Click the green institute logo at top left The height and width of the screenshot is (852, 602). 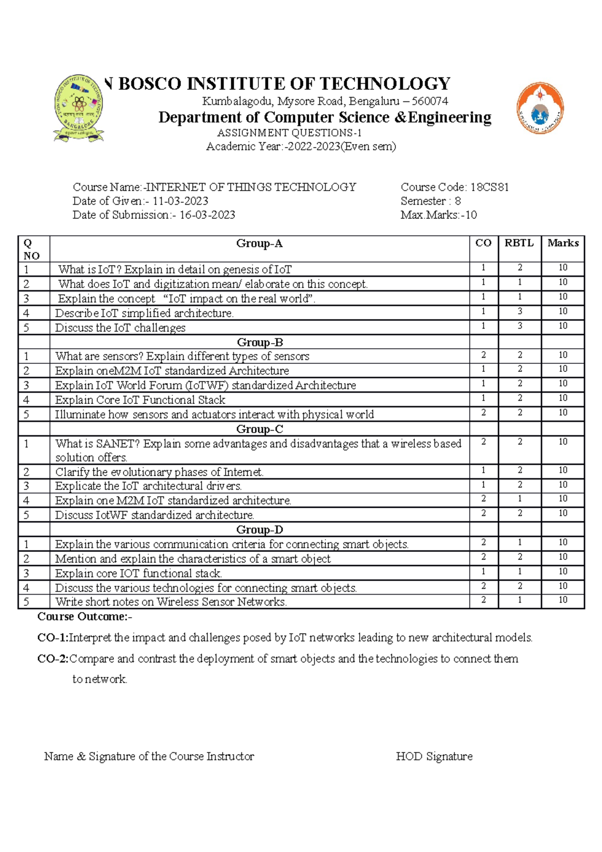79,107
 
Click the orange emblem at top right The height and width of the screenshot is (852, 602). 540,108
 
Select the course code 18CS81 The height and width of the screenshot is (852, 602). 490,187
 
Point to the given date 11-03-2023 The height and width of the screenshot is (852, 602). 181,201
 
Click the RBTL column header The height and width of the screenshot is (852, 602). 519,243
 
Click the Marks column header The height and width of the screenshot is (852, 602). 563,243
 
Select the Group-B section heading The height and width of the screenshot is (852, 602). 260,342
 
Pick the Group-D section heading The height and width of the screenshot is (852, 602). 260,530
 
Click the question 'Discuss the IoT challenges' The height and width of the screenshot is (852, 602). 120,328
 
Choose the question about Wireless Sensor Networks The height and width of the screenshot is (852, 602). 171,602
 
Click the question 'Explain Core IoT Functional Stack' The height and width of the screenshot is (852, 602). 140,400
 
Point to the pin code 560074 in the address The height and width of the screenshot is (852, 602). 430,101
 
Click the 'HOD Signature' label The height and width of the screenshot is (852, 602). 434,756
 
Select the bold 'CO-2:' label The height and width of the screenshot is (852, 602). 53,658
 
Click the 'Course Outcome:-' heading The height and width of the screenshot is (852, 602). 85,616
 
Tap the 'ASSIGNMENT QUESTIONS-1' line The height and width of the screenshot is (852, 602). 289,133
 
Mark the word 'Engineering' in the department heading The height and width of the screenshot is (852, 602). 449,117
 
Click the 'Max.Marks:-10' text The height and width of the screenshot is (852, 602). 438,215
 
